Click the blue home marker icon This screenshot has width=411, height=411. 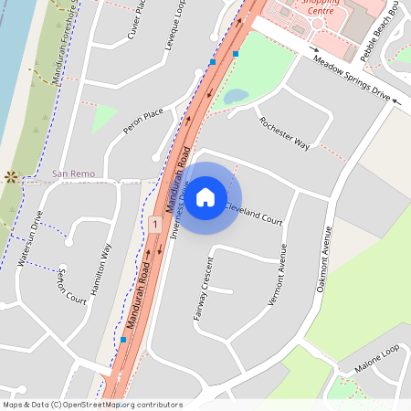click(x=205, y=197)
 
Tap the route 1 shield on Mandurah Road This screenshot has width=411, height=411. click(x=156, y=224)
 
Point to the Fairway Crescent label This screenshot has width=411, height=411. click(x=202, y=293)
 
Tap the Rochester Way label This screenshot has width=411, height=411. click(x=284, y=133)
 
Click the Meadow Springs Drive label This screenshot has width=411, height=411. click(x=351, y=77)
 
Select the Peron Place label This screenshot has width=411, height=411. click(x=142, y=121)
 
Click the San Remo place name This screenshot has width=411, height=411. click(x=73, y=173)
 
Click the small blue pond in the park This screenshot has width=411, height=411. click(x=235, y=95)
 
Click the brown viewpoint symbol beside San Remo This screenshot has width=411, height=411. click(x=11, y=175)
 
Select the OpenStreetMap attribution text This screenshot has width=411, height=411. click(x=91, y=405)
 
